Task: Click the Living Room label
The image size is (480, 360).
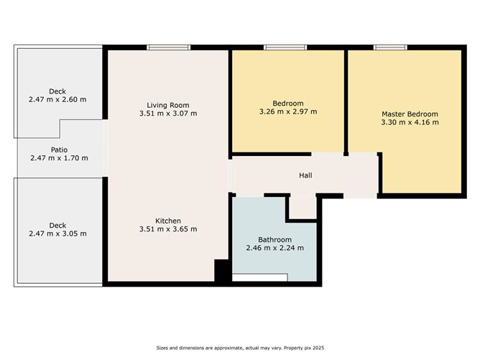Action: click(x=167, y=103)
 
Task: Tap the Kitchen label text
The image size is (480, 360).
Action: click(x=167, y=221)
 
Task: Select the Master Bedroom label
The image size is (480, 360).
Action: click(x=410, y=114)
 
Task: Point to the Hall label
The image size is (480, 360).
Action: click(x=305, y=175)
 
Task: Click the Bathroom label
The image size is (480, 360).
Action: click(x=274, y=239)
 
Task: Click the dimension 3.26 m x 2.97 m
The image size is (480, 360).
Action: click(x=287, y=111)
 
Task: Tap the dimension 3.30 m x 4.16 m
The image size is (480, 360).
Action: click(x=410, y=122)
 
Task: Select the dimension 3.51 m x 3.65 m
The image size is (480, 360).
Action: click(x=167, y=229)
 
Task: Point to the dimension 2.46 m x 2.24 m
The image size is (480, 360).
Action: click(x=274, y=248)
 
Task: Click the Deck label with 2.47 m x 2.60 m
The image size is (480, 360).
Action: click(x=58, y=91)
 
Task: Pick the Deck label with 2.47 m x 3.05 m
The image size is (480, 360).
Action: click(x=58, y=225)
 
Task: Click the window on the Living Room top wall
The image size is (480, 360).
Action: click(x=169, y=48)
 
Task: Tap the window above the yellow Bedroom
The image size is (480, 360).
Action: click(x=285, y=48)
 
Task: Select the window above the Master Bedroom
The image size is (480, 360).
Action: click(x=390, y=48)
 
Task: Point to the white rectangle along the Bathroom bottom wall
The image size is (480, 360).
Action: click(x=259, y=277)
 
